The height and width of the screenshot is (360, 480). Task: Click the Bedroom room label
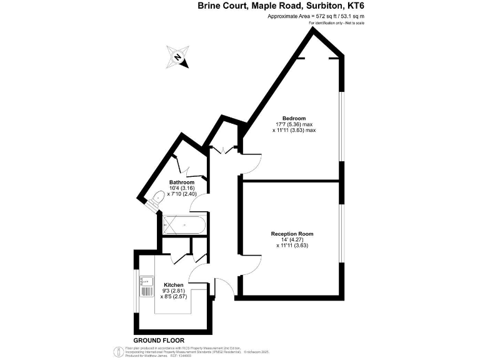tap(294, 119)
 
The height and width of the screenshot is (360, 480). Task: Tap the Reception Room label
tap(292, 234)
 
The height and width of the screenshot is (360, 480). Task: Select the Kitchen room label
tap(174, 285)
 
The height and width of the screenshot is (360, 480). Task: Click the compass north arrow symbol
tap(178, 57)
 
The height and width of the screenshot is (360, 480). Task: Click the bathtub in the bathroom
tap(183, 225)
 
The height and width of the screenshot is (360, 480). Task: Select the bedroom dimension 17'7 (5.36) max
tap(294, 125)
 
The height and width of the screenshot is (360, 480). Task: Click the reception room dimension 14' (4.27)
tap(292, 239)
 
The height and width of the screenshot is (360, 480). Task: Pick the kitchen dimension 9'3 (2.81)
tap(174, 291)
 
